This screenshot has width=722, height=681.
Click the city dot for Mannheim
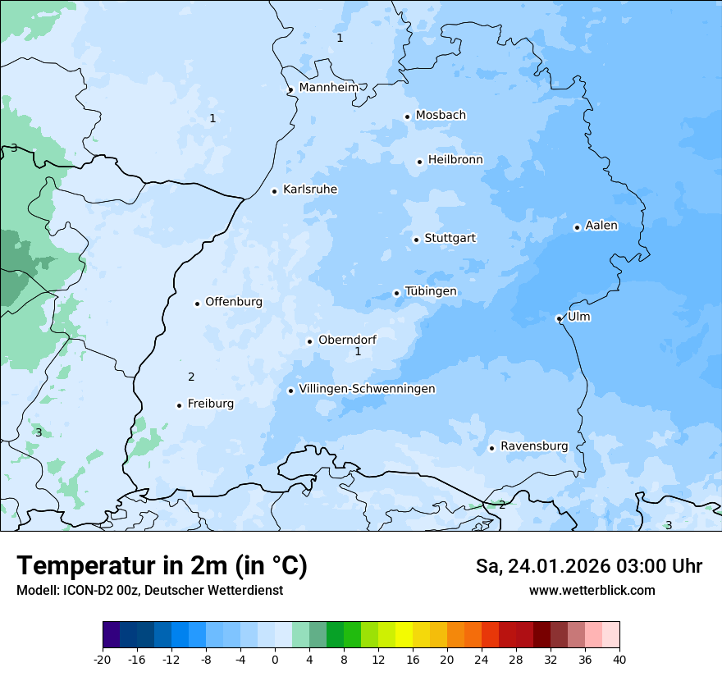tap(290, 90)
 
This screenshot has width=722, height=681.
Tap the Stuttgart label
tap(450, 238)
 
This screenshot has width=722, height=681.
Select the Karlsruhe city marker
tap(275, 191)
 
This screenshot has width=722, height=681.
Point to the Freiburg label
tap(210, 404)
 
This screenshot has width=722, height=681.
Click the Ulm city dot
tap(559, 318)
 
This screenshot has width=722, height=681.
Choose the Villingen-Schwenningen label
tap(367, 389)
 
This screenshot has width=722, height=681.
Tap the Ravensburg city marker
tap(491, 448)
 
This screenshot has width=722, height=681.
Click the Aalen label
tap(601, 226)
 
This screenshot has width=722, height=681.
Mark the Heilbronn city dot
tap(419, 162)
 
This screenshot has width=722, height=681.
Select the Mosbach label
tap(441, 116)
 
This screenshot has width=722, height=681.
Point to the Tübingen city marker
tap(396, 293)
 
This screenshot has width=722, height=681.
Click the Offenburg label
tap(234, 302)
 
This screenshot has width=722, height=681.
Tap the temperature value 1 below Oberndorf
tap(358, 352)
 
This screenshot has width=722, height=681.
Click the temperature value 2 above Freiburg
tap(191, 377)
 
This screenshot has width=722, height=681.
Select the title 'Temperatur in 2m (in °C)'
tap(162, 566)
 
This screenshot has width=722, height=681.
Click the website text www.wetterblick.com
tap(592, 590)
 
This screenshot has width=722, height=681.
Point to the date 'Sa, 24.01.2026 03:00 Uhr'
tap(588, 566)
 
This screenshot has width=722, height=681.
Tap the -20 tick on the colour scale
tap(103, 659)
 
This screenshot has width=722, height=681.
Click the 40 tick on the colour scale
tap(619, 659)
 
